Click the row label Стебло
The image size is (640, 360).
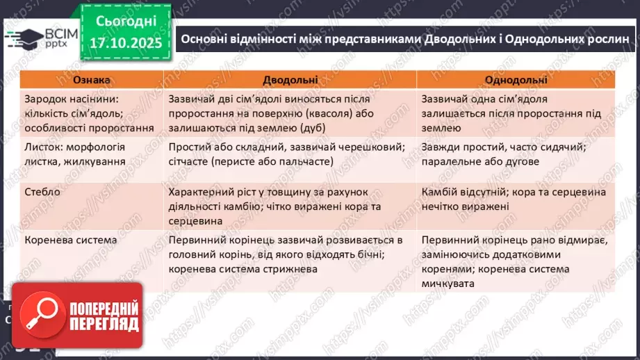42,191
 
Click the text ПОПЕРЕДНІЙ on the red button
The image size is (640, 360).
102,309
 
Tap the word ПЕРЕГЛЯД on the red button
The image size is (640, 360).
102,324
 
